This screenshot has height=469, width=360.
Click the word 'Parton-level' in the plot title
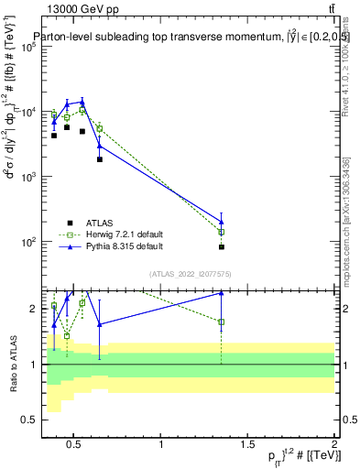[61, 37]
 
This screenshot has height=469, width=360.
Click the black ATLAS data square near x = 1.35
[222, 246]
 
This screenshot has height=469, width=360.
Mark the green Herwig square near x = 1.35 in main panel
[222, 232]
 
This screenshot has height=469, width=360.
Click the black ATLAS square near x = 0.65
[100, 159]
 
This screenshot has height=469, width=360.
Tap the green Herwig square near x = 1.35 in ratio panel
[222, 322]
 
